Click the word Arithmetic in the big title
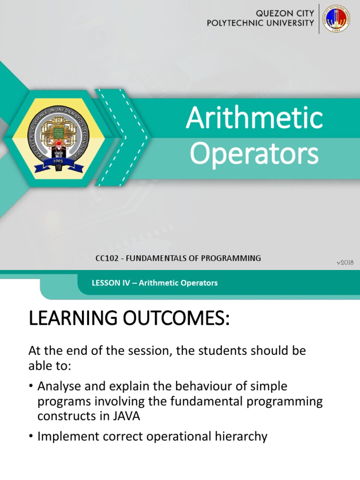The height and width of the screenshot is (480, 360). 254,119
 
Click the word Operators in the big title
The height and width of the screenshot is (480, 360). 254,154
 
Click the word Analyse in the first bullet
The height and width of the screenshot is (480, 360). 58,386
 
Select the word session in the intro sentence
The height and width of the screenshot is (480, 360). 135,350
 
